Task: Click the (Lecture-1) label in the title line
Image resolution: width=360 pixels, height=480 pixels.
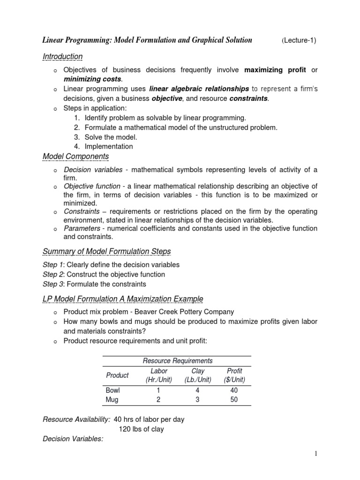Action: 299,40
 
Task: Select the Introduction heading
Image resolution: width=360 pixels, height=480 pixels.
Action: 63,57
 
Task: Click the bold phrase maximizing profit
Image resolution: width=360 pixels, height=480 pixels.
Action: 275,70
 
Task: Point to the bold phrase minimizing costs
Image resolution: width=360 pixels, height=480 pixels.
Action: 92,79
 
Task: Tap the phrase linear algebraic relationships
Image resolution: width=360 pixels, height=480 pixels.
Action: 199,89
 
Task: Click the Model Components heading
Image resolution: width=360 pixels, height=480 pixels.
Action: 75,156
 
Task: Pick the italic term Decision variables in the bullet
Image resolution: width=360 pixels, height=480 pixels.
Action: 93,169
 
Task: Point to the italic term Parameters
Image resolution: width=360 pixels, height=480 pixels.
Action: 82,228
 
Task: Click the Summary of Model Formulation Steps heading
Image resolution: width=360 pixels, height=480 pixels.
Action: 107,252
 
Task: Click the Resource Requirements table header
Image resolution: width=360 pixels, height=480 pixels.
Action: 177,360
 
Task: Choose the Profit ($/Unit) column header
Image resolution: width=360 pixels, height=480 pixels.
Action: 234,375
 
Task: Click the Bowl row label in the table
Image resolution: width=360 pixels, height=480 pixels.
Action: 113,390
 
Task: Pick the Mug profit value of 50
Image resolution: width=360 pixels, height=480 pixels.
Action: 234,400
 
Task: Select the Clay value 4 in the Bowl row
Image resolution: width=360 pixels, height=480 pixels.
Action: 198,390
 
